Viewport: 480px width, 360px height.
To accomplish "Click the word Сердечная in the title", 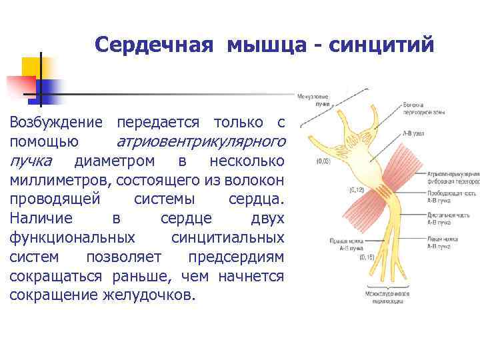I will tap(155, 45).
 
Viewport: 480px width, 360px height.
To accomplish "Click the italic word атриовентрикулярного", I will tap(201, 141).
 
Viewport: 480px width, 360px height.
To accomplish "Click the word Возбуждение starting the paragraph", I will tap(57, 123).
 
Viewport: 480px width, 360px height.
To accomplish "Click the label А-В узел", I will tap(414, 133).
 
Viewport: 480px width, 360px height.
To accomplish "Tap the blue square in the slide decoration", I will tap(50, 89).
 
